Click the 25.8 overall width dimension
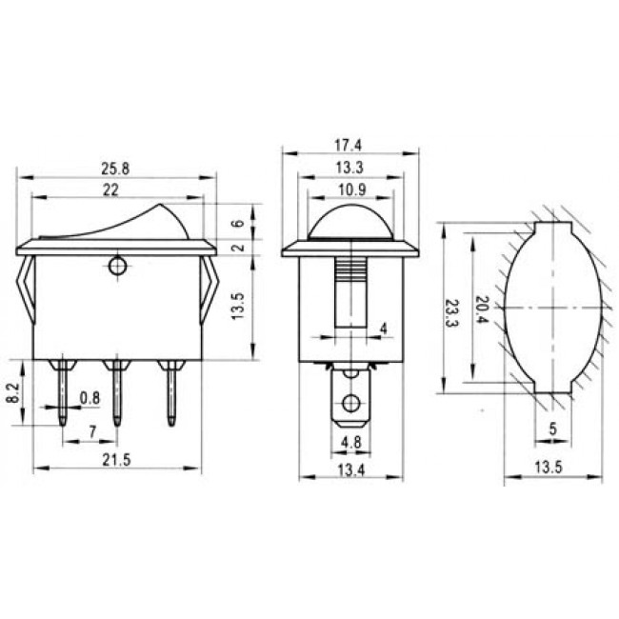(117, 170)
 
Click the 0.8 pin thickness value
(90, 396)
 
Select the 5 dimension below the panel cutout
(553, 429)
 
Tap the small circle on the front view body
(117, 266)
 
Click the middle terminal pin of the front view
(117, 395)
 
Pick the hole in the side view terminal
(351, 403)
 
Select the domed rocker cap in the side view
(352, 221)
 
